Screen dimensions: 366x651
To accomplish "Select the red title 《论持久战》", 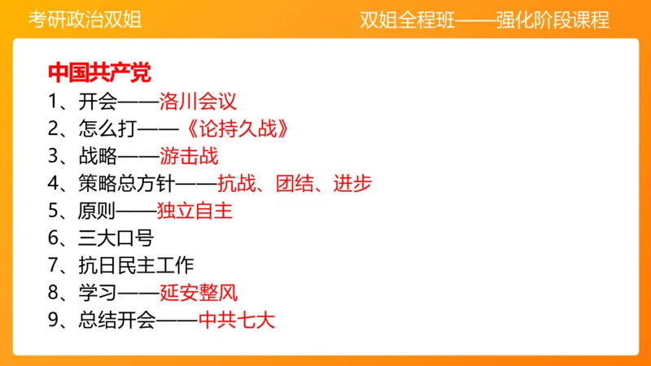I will click(x=233, y=129).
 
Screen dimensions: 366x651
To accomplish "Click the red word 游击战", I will click(x=189, y=156).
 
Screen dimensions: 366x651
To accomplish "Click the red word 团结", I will click(x=306, y=184).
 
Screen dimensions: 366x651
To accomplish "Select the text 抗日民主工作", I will click(x=133, y=266).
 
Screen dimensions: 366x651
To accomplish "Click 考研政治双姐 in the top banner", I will click(x=85, y=19).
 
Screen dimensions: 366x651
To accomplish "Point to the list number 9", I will click(x=53, y=320).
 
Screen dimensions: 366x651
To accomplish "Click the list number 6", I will click(x=53, y=238).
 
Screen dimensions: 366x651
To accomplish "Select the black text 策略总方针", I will click(x=125, y=184).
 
